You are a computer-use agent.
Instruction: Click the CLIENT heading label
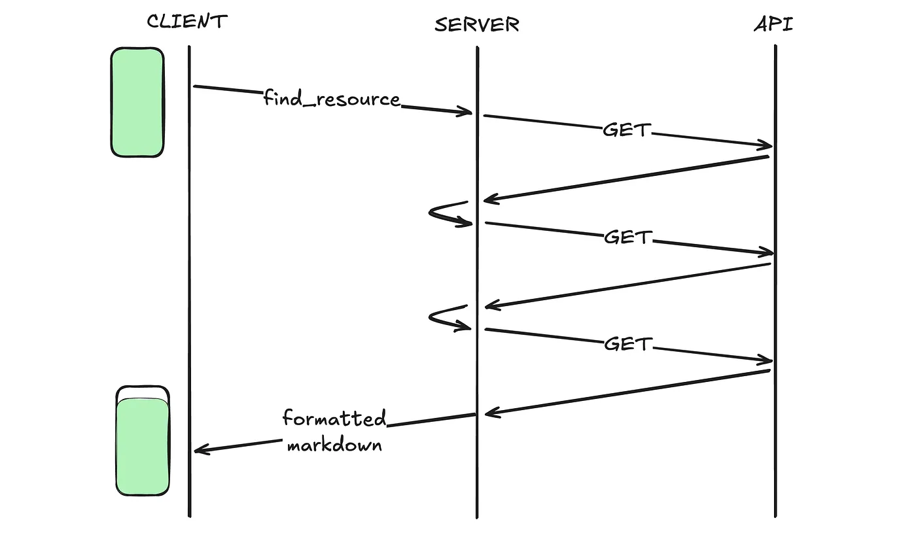pyautogui.click(x=186, y=22)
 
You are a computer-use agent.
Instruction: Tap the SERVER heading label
pyautogui.click(x=477, y=25)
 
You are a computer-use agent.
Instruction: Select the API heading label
pyautogui.click(x=775, y=25)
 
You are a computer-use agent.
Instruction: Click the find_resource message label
pyautogui.click(x=332, y=99)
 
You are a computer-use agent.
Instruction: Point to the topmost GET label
pyautogui.click(x=626, y=130)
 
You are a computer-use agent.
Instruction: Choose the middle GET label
pyautogui.click(x=628, y=237)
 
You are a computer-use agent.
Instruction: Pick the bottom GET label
pyautogui.click(x=628, y=344)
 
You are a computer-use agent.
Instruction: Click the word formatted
pyautogui.click(x=334, y=418)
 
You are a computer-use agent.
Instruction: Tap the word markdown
pyautogui.click(x=334, y=446)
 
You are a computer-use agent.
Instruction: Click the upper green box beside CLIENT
pyautogui.click(x=137, y=102)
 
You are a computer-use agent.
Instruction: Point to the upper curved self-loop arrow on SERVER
pyautogui.click(x=448, y=213)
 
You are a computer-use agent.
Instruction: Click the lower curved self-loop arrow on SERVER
pyautogui.click(x=448, y=319)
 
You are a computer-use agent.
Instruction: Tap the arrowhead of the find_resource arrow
pyautogui.click(x=467, y=112)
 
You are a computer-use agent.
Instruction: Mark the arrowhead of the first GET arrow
pyautogui.click(x=766, y=145)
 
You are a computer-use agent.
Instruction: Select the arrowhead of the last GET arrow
pyautogui.click(x=766, y=360)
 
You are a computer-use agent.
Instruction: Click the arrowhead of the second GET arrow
pyautogui.click(x=766, y=252)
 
